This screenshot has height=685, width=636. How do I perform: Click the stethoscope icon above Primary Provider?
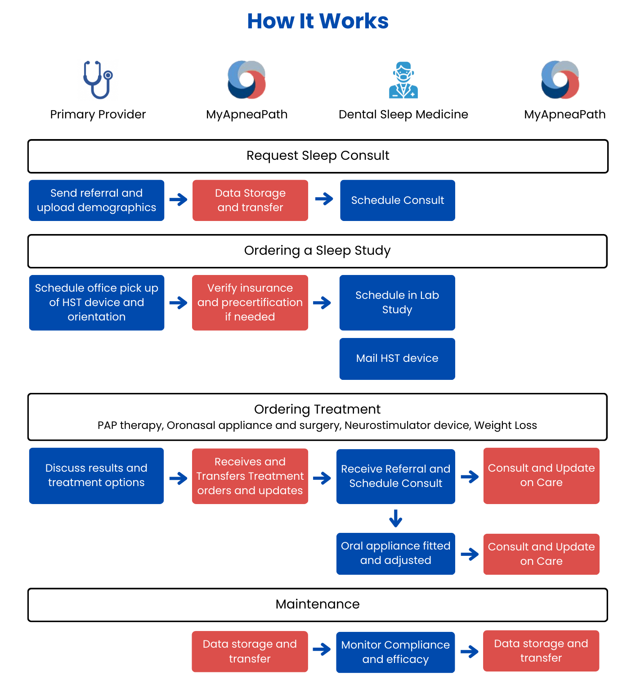(x=98, y=80)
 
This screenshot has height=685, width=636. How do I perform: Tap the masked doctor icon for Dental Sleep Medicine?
(x=403, y=80)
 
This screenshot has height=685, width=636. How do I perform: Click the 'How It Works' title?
(x=318, y=21)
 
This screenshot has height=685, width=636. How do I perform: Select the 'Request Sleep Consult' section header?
(x=318, y=156)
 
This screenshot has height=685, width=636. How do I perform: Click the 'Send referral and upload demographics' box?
(x=97, y=200)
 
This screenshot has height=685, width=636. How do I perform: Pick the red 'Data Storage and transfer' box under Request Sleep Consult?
(x=250, y=200)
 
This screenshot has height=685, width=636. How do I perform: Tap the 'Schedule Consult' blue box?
(x=398, y=200)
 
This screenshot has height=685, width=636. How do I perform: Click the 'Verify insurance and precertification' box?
(x=250, y=302)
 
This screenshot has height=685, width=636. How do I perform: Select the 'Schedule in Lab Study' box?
(x=397, y=302)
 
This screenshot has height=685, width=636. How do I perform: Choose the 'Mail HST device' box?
(x=397, y=359)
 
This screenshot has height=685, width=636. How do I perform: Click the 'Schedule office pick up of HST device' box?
(x=97, y=302)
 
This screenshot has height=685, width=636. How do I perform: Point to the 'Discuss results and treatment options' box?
(x=96, y=476)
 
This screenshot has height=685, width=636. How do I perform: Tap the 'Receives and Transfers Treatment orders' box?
(x=250, y=476)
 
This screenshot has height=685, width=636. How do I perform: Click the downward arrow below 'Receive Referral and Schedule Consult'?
(x=396, y=518)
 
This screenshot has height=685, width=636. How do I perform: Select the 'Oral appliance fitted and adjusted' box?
(x=396, y=554)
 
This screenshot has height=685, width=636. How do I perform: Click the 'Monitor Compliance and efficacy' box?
(x=395, y=652)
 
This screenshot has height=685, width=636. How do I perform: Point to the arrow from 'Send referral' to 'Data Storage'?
(x=179, y=199)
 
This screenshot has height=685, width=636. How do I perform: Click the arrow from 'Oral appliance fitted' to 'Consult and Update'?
(x=470, y=554)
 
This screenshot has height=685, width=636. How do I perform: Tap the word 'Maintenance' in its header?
(x=318, y=604)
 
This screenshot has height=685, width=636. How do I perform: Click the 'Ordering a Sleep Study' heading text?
(x=318, y=251)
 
